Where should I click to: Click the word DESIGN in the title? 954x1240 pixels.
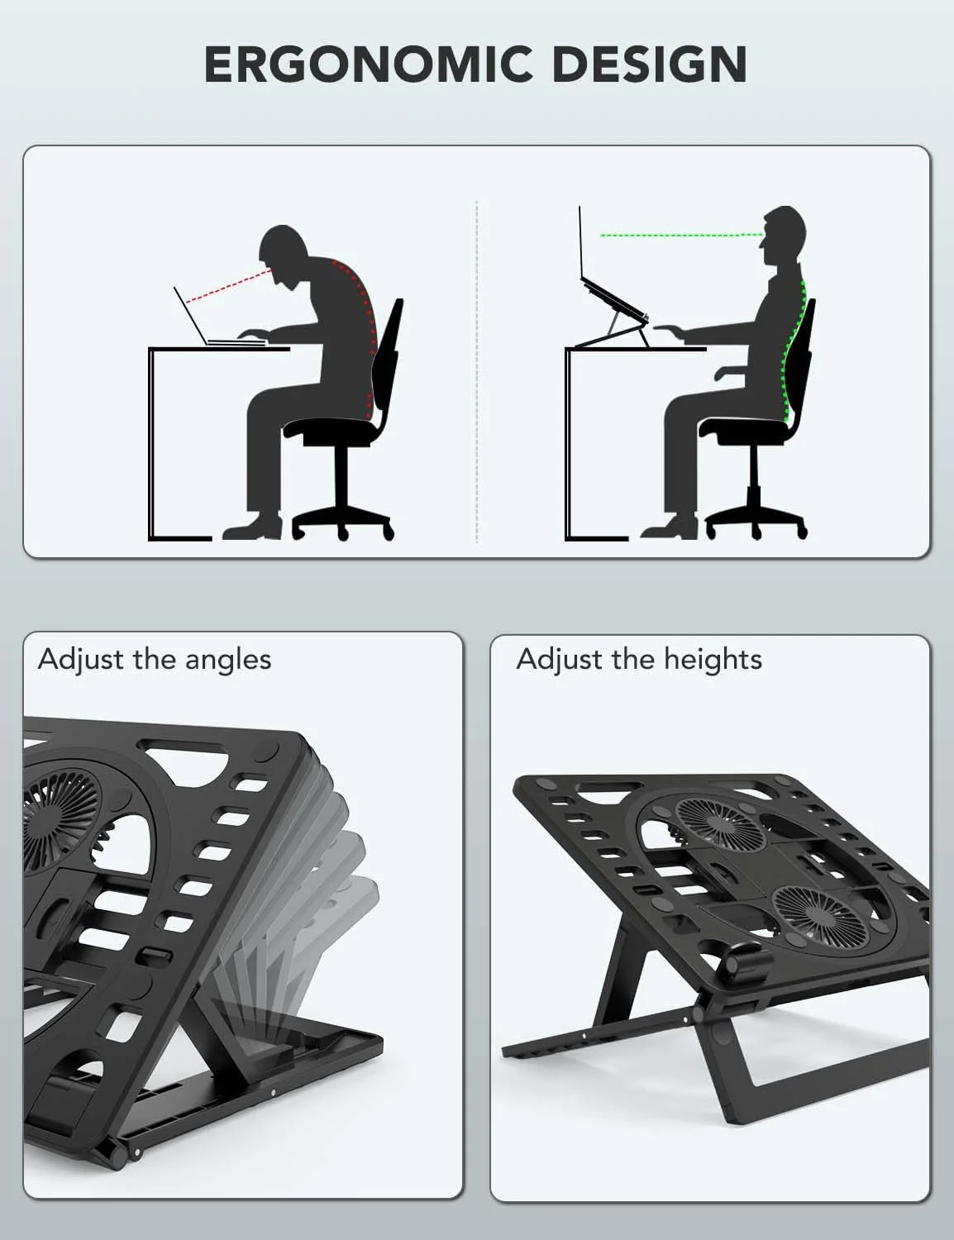tap(650, 64)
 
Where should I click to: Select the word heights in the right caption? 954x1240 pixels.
tap(713, 660)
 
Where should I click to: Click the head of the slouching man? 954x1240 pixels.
tap(284, 253)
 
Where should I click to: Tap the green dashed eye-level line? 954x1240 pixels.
tap(681, 235)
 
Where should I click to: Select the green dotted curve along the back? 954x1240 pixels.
tap(793, 354)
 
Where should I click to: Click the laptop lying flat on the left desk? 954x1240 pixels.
tap(220, 317)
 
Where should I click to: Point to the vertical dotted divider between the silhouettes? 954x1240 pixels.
tap(477, 371)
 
